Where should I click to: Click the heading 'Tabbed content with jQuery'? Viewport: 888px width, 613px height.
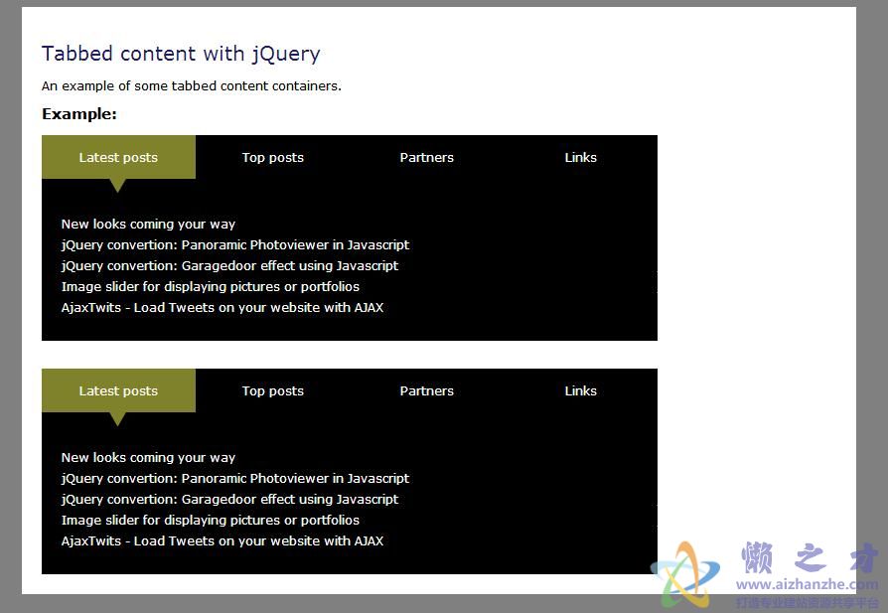click(181, 54)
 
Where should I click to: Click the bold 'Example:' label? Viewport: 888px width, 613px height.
click(79, 114)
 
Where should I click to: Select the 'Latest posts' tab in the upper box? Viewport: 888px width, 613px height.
click(118, 157)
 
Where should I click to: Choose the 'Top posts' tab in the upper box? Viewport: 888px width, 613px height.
click(272, 157)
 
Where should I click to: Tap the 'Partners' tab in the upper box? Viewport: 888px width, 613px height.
click(426, 157)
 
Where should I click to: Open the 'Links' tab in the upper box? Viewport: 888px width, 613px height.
click(580, 157)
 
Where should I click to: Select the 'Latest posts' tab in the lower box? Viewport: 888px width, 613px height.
click(118, 390)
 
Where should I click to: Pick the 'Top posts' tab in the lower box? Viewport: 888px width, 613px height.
click(272, 390)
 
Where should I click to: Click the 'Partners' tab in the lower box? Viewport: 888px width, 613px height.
click(426, 390)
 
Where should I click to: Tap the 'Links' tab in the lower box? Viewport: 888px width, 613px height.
click(580, 390)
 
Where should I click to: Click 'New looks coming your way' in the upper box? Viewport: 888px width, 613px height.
click(148, 225)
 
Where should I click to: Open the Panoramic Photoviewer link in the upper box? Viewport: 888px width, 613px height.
click(235, 245)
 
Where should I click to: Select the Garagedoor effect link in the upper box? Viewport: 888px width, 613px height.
click(229, 266)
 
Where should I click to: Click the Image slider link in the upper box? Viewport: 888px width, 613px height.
click(211, 287)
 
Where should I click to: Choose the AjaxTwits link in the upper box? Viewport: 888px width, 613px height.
click(222, 308)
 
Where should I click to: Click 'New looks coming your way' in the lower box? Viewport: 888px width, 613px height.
click(148, 458)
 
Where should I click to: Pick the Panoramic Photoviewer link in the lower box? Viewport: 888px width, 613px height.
click(235, 479)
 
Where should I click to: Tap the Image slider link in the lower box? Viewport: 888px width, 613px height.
click(211, 520)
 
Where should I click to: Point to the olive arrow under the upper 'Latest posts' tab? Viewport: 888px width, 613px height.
click(117, 185)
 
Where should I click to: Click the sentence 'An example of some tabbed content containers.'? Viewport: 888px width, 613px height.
click(192, 86)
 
